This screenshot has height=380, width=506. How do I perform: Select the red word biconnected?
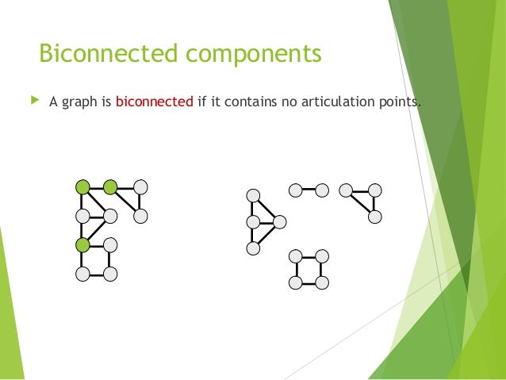pyautogui.click(x=155, y=102)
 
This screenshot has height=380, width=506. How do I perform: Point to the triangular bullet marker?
pyautogui.click(x=33, y=102)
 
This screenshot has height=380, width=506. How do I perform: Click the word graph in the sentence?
pyautogui.click(x=80, y=103)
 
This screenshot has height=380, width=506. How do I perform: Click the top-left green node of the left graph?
pyautogui.click(x=82, y=187)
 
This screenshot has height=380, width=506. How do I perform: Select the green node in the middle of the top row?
pyautogui.click(x=110, y=187)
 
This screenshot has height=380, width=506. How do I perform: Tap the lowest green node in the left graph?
pyautogui.click(x=82, y=244)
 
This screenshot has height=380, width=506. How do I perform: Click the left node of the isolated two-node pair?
pyautogui.click(x=295, y=190)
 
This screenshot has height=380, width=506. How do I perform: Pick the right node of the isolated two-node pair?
pyautogui.click(x=322, y=190)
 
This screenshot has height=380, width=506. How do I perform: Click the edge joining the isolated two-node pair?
pyautogui.click(x=309, y=190)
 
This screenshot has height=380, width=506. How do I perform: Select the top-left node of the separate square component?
pyautogui.click(x=295, y=255)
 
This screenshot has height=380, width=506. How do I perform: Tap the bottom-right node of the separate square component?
pyautogui.click(x=322, y=282)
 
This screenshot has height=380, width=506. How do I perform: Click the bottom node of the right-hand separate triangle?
pyautogui.click(x=374, y=217)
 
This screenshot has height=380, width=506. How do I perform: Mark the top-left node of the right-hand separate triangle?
pyautogui.click(x=346, y=190)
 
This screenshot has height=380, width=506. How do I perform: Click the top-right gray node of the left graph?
pyautogui.click(x=140, y=187)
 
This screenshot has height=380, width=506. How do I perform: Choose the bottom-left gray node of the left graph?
pyautogui.click(x=82, y=274)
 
